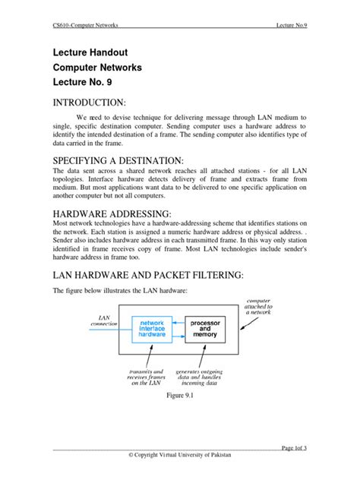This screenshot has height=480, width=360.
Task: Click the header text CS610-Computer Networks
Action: (x=85, y=24)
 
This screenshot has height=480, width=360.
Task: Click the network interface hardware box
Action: (x=152, y=328)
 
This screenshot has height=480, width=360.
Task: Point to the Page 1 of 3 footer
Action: (x=292, y=448)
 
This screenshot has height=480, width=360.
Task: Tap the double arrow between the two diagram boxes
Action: (x=179, y=328)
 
